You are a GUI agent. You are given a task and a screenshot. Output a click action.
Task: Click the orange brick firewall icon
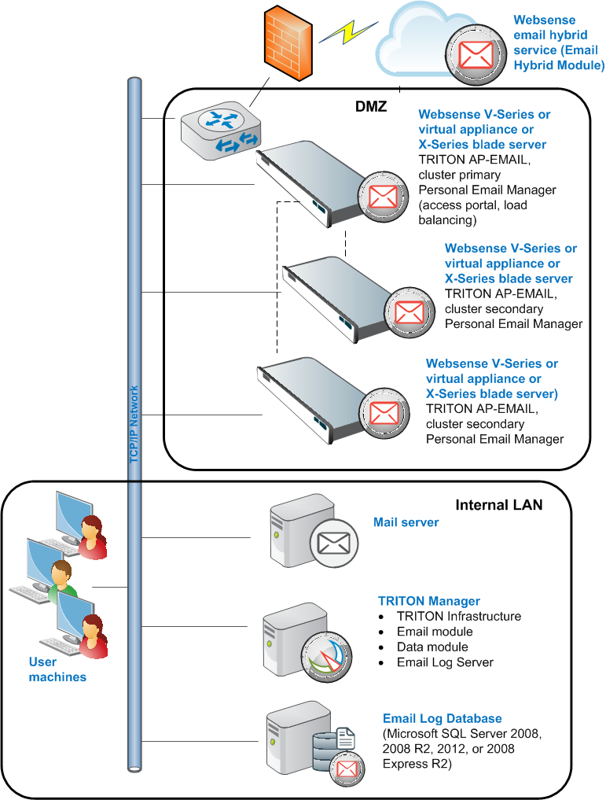pyautogui.click(x=288, y=42)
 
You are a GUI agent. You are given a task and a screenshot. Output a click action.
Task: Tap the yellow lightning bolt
pyautogui.click(x=348, y=32)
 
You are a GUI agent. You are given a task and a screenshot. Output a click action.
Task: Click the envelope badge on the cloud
pyautogui.click(x=476, y=55)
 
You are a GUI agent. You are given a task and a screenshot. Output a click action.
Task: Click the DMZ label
pyautogui.click(x=371, y=107)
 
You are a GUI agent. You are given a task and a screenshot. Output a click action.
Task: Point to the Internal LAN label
pyautogui.click(x=499, y=505)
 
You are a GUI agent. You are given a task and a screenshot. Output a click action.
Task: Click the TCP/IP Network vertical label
pyautogui.click(x=134, y=424)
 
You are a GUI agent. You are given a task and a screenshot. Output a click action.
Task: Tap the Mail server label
pyautogui.click(x=406, y=522)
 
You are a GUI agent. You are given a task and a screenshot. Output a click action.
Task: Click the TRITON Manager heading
pyautogui.click(x=429, y=601)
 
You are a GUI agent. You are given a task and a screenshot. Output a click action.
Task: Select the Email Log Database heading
pyautogui.click(x=443, y=718)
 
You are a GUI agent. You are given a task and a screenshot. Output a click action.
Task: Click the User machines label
pyautogui.click(x=57, y=669)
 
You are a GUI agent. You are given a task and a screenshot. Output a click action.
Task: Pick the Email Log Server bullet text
pyautogui.click(x=446, y=662)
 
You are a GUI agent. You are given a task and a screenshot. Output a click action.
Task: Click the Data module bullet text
pyautogui.click(x=433, y=647)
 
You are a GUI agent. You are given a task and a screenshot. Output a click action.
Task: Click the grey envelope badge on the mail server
pyautogui.click(x=334, y=543)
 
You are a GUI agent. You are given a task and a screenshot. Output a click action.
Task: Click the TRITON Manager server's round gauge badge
pyautogui.click(x=327, y=657)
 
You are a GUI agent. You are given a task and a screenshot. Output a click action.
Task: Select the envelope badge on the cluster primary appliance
pyautogui.click(x=384, y=197)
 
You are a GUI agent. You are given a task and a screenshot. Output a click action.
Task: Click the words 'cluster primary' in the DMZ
pyautogui.click(x=459, y=175)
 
